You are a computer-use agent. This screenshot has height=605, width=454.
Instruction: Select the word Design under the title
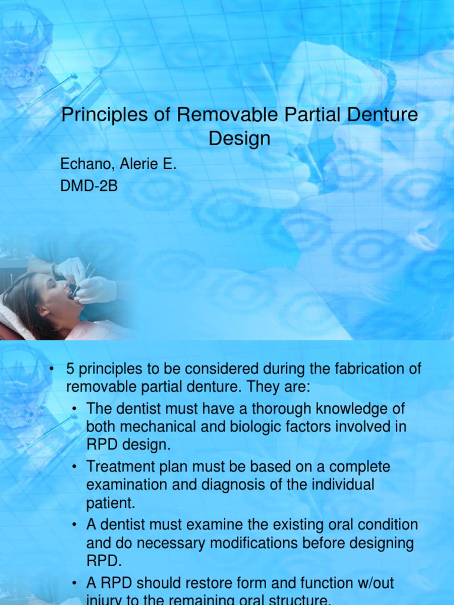[239, 139]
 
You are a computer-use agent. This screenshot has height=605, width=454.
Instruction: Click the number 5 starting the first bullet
[70, 370]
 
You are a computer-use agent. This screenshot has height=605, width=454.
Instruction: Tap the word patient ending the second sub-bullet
[107, 504]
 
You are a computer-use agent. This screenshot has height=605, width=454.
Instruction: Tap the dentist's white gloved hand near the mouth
[96, 289]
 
